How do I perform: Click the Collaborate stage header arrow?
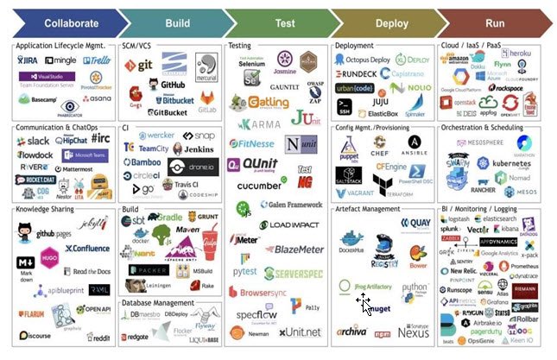pos(58,23)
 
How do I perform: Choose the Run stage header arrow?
pos(495,23)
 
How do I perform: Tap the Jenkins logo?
pos(194,148)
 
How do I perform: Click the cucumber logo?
pos(259,185)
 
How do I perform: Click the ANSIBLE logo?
pos(416,145)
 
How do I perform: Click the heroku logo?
pos(515,54)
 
